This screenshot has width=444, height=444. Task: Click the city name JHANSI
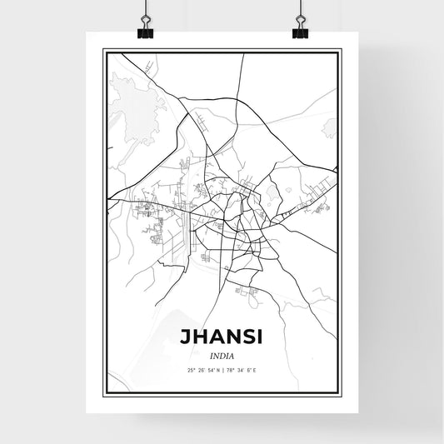click(x=222, y=336)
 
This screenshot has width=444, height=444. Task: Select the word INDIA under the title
click(x=222, y=353)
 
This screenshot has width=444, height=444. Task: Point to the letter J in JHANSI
click(x=182, y=336)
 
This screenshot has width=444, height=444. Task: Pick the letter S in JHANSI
click(x=247, y=336)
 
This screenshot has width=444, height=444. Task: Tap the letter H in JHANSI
click(x=197, y=336)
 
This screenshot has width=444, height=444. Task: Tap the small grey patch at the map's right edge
click(x=332, y=127)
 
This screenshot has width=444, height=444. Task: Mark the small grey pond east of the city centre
click(x=288, y=190)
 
